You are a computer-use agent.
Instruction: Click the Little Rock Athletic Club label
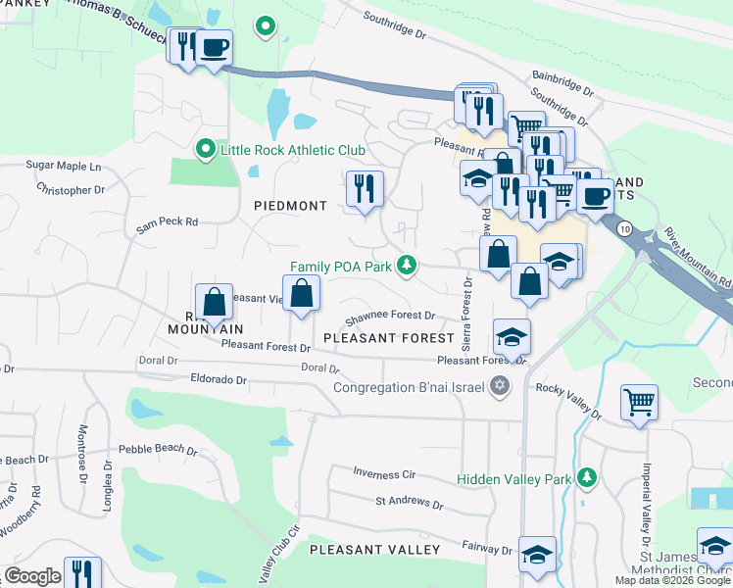(293, 150)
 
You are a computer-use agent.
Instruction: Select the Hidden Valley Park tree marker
(586, 477)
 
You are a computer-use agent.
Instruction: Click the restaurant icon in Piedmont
(365, 187)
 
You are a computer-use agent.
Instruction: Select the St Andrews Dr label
(409, 502)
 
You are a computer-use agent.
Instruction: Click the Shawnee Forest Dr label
(389, 316)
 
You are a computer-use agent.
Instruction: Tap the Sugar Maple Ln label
(64, 166)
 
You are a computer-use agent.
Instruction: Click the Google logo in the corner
(32, 576)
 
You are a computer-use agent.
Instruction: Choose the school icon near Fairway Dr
(537, 554)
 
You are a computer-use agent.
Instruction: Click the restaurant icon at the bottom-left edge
(82, 572)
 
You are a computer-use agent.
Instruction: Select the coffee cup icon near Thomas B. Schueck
(214, 46)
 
